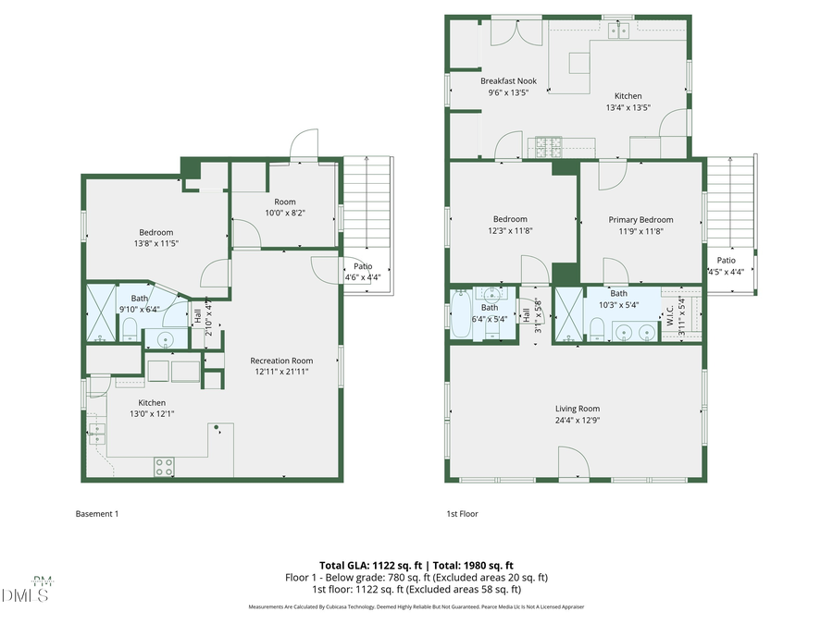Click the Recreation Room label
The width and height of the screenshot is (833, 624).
(281, 361)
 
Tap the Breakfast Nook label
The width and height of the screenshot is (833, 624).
(508, 81)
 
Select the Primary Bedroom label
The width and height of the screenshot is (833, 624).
(640, 220)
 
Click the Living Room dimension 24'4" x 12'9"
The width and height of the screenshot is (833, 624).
(578, 420)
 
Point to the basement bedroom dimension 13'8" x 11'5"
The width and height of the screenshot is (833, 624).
(156, 243)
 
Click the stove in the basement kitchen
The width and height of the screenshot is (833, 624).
(165, 467)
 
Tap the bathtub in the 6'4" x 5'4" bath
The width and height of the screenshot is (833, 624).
(461, 317)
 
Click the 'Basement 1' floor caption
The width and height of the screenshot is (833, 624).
(96, 514)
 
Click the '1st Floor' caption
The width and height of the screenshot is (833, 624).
(462, 514)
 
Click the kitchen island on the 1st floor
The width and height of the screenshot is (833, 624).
(579, 62)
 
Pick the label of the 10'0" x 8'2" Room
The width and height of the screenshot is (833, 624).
(284, 202)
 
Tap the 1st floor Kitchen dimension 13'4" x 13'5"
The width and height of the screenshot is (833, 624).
(628, 107)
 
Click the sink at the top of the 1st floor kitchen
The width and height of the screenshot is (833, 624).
(618, 31)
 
